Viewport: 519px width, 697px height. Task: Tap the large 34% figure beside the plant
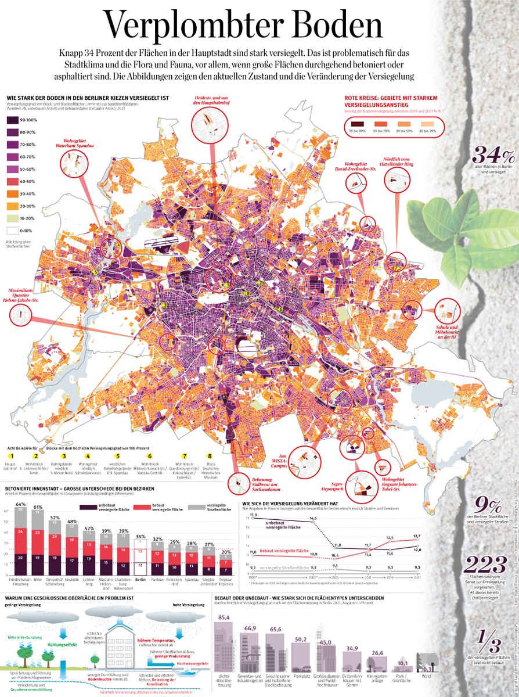tap(493, 155)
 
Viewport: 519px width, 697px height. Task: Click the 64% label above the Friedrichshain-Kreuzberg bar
tap(20, 504)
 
